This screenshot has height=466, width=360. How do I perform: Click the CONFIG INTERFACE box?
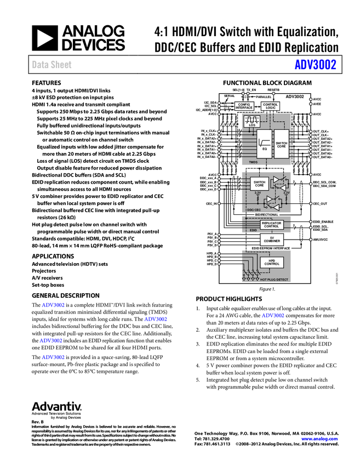point(244,106)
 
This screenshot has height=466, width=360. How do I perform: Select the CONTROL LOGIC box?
point(270,106)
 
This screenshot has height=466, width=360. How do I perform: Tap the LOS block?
point(252,122)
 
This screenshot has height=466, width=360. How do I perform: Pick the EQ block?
point(264,144)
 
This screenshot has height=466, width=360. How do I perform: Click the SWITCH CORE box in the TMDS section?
point(281,144)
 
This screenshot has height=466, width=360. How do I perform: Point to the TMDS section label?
point(253,163)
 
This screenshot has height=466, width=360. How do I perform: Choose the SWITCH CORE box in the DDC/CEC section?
point(259,184)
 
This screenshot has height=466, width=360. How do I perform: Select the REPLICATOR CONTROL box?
point(271,225)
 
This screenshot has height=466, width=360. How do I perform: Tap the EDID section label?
point(253,230)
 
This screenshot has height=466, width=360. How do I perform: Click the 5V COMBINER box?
point(271,240)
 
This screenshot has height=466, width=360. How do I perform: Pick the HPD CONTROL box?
point(271,262)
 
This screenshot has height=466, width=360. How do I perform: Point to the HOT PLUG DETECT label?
point(274,280)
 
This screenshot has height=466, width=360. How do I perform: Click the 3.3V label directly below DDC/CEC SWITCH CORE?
point(258,193)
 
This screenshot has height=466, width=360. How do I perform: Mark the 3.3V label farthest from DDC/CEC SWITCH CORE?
point(286,193)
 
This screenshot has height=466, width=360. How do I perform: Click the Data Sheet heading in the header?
point(52,65)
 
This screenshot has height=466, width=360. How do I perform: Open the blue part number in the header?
point(315,64)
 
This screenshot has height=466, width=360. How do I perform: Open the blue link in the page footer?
point(319,439)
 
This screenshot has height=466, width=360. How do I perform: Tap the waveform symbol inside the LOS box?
point(252,119)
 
